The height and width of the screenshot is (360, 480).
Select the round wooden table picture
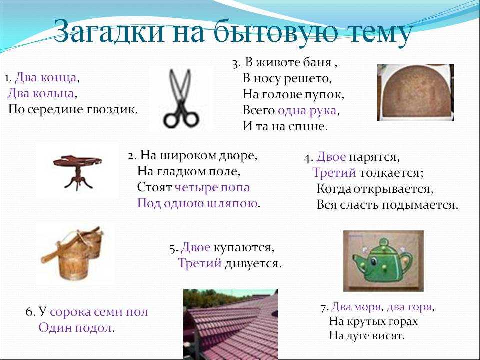pyautogui.click(x=77, y=171)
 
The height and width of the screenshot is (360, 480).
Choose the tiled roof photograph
pyautogui.click(x=230, y=324)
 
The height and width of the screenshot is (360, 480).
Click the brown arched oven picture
pyautogui.click(x=415, y=92)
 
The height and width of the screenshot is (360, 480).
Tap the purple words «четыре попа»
pyautogui.click(x=212, y=187)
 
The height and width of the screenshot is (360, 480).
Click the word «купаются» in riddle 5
pyautogui.click(x=244, y=248)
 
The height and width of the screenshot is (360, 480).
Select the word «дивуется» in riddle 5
pyautogui.click(x=253, y=263)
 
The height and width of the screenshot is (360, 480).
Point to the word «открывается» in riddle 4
pyautogui.click(x=394, y=189)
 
